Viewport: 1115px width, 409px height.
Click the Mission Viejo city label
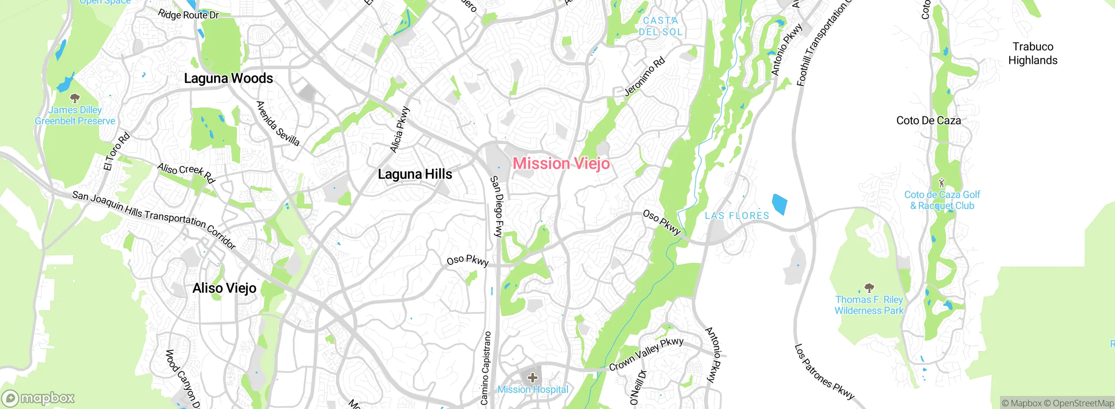561,164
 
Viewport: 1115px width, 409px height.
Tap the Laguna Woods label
228,78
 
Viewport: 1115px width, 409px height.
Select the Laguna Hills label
415,174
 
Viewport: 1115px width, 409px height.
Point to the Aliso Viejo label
224,288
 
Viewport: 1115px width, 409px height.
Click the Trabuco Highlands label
1033,53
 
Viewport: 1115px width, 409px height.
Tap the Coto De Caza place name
928,121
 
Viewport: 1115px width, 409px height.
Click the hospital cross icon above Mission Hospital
532,377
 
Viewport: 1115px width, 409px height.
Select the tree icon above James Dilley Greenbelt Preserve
75,98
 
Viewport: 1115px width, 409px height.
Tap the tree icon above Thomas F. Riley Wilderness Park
869,288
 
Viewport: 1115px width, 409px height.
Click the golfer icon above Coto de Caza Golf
942,182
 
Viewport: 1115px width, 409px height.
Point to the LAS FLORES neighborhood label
737,215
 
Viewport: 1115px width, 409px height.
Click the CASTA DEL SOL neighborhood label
660,26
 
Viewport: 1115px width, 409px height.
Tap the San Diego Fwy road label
497,206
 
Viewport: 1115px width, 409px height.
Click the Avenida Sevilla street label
278,124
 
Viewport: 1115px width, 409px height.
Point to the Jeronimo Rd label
645,77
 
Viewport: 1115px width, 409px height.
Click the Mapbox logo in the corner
38,398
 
